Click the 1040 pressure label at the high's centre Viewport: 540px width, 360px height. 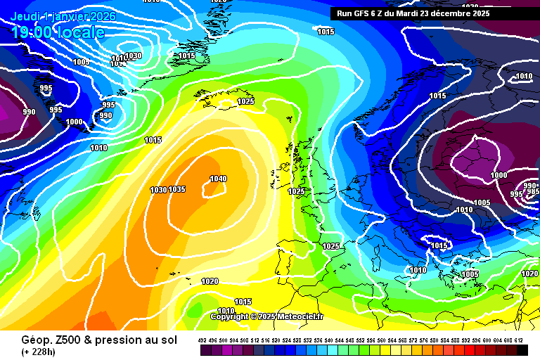tap(218, 179)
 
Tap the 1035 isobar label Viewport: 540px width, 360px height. tap(176, 190)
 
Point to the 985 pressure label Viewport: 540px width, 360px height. tap(533, 191)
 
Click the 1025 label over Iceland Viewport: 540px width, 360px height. tap(245, 102)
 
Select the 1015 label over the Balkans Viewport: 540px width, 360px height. tap(439, 245)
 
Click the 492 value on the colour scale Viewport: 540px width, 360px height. tap(202, 340)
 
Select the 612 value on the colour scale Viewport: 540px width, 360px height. tap(519, 340)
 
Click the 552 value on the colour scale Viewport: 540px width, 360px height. tap(361, 340)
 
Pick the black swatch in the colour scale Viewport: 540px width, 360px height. tap(522, 349)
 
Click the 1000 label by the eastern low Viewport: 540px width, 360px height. tap(499, 175)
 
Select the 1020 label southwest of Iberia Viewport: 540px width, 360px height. tap(210, 281)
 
